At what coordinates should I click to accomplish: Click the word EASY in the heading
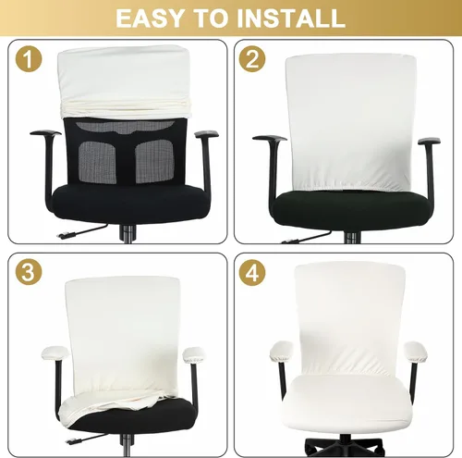click(x=153, y=18)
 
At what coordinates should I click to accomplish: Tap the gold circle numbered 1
click(x=30, y=61)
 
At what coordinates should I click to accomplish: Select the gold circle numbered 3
click(x=30, y=274)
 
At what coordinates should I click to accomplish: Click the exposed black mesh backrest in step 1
click(x=120, y=153)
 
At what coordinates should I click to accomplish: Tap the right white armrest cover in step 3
click(x=197, y=353)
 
